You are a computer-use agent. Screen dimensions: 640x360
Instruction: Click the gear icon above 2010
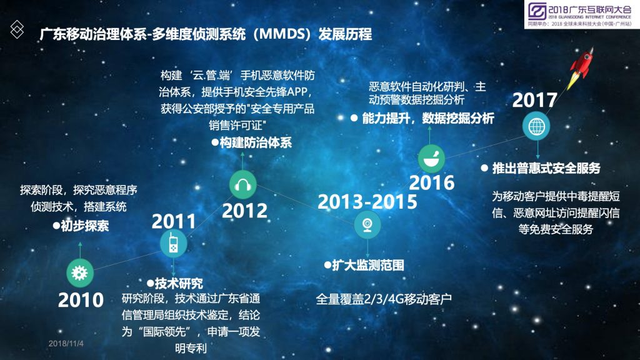(x=79, y=272)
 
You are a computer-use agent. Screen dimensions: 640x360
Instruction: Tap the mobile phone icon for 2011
(x=174, y=244)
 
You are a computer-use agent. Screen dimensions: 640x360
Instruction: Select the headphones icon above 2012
(x=243, y=185)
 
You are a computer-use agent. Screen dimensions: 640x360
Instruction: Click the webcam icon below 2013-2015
(x=367, y=225)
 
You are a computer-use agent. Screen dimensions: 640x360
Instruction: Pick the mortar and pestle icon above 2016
(x=431, y=158)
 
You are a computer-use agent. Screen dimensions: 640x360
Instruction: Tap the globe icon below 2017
(x=536, y=126)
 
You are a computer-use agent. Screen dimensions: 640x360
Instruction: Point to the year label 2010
(x=81, y=300)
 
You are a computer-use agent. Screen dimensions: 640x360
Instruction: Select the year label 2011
(x=174, y=221)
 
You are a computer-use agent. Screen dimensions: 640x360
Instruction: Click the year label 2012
(x=244, y=211)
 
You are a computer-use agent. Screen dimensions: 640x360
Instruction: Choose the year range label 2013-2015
(x=367, y=202)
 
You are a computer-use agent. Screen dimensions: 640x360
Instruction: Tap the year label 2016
(x=431, y=182)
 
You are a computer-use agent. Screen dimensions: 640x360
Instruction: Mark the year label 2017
(x=535, y=100)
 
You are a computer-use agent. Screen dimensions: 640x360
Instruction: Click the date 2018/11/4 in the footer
(x=66, y=344)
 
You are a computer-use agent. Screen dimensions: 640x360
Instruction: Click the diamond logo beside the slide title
(x=17, y=29)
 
